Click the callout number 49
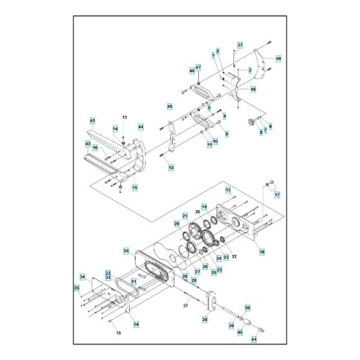click(278, 59)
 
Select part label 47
click(199, 67)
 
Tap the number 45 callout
click(170, 106)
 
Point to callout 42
click(93, 120)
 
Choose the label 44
click(141, 127)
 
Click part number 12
click(171, 167)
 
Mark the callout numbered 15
click(134, 187)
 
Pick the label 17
click(278, 195)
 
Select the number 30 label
click(126, 250)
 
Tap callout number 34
click(82, 277)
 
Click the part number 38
click(205, 319)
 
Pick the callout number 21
click(184, 216)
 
